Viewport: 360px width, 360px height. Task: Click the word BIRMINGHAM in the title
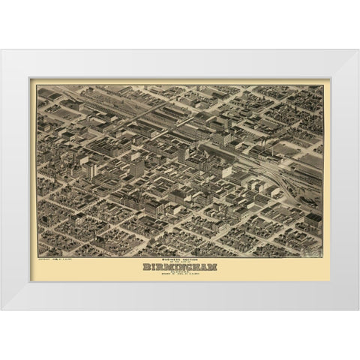[x=179, y=266]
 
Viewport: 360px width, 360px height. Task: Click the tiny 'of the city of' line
[x=179, y=259]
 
